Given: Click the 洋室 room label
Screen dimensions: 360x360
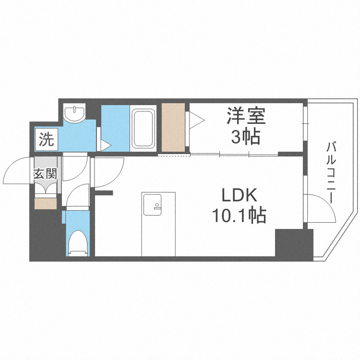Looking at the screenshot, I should pyautogui.click(x=246, y=116).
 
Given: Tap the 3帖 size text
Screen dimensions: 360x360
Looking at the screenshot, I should pyautogui.click(x=246, y=137).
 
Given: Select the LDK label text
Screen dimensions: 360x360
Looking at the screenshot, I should pyautogui.click(x=240, y=196).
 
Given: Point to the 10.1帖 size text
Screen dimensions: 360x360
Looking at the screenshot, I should pyautogui.click(x=240, y=216).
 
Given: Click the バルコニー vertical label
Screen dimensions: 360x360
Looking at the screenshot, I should pyautogui.click(x=331, y=171).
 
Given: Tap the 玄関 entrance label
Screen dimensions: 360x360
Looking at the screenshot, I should pyautogui.click(x=45, y=174).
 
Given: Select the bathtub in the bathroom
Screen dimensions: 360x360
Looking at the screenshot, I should pyautogui.click(x=144, y=128).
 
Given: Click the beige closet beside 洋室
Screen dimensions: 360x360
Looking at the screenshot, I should pyautogui.click(x=174, y=128).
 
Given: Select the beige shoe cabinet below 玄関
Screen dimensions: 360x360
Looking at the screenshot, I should pyautogui.click(x=46, y=203).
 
